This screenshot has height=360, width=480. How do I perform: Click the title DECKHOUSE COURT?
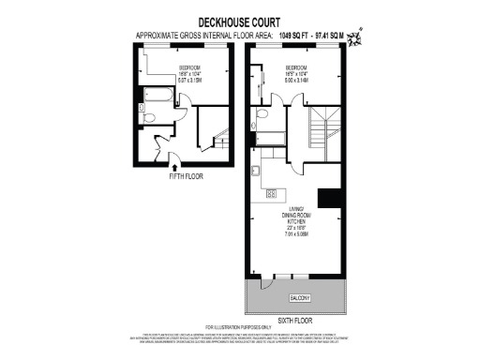(240, 20)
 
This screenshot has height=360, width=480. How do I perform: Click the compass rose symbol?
(356, 38)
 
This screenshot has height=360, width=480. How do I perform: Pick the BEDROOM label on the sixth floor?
(297, 67)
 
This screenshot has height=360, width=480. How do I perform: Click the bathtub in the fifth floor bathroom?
(153, 93)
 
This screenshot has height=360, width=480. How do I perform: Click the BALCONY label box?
(300, 297)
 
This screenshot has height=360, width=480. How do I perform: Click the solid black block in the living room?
(328, 198)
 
